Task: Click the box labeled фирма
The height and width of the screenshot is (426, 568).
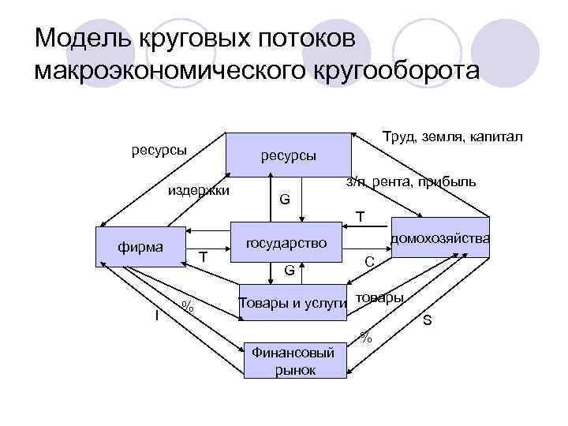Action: [x=140, y=248]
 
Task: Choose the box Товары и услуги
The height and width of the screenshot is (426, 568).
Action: [x=292, y=304]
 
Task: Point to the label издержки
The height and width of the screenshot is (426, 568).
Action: [x=197, y=190]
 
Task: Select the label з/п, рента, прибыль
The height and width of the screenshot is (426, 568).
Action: [x=411, y=182]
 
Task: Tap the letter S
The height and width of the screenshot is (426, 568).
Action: [x=427, y=320]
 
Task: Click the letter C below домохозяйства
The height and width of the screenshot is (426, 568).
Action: [x=369, y=262]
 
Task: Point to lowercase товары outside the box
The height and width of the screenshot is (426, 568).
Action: [x=379, y=297]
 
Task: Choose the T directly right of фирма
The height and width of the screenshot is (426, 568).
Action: [x=203, y=257]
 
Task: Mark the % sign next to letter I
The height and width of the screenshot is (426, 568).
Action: [x=186, y=306]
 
